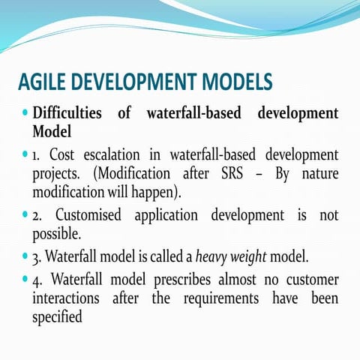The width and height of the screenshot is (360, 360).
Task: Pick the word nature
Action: click(x=314, y=173)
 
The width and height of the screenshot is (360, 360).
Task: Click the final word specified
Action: click(x=58, y=318)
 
